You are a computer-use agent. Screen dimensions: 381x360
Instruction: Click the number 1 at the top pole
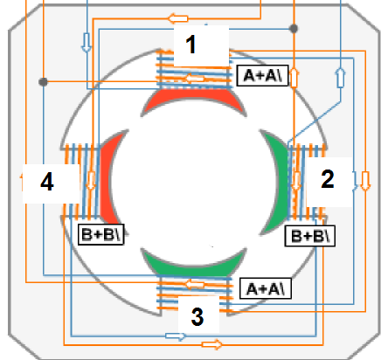(190, 45)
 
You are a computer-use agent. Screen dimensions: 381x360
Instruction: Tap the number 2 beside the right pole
(328, 179)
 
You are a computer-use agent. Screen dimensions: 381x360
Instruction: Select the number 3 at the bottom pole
(197, 316)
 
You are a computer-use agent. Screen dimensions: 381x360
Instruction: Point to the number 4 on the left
(47, 182)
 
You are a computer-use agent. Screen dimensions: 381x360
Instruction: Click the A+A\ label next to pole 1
(262, 76)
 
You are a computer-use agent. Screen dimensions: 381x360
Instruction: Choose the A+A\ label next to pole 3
(266, 288)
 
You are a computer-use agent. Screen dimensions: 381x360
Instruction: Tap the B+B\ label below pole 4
(101, 234)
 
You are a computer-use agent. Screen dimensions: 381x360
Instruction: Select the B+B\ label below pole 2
(310, 236)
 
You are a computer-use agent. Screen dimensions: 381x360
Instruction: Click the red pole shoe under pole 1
(194, 100)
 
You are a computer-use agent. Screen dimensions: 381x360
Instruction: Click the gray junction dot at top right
(294, 29)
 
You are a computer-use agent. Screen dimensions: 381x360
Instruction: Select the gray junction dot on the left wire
(43, 82)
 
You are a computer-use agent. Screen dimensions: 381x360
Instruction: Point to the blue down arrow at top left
(87, 43)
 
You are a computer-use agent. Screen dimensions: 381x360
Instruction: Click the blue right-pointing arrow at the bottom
(176, 336)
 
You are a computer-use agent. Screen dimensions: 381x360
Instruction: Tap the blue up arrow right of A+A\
(341, 78)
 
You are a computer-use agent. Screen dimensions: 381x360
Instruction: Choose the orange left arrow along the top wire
(178, 18)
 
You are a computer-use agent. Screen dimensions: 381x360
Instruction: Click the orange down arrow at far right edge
(365, 181)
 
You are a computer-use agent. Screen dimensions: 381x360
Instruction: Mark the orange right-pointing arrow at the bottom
(212, 345)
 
